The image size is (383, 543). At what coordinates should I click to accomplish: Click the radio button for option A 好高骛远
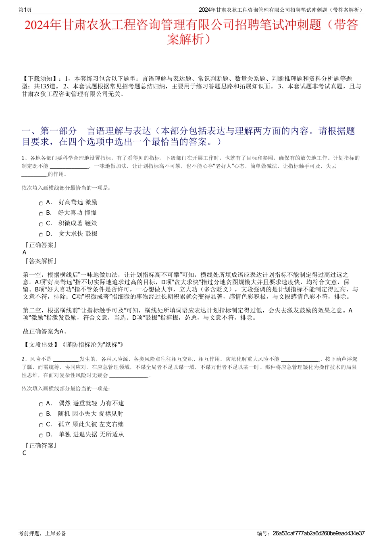point(41,203)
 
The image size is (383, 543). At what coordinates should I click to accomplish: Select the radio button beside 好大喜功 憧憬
point(41,214)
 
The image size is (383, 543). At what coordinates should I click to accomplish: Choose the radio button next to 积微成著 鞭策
point(41,224)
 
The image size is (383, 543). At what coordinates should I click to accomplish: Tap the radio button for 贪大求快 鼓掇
point(41,235)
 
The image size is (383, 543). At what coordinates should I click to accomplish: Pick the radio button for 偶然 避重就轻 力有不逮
point(41,405)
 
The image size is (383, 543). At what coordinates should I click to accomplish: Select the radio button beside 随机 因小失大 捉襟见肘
point(41,415)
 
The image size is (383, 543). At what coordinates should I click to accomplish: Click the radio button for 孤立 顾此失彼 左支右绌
point(41,426)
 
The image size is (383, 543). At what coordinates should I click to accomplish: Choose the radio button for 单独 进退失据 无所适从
point(41,436)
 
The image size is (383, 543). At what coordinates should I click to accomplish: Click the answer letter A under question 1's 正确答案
point(25,252)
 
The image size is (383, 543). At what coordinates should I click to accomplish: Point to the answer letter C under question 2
point(25,453)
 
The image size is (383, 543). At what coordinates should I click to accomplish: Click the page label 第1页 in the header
point(25,10)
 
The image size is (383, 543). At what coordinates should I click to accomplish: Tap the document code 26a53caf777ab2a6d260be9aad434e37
point(318,533)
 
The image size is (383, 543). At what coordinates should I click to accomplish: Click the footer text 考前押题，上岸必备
point(42,533)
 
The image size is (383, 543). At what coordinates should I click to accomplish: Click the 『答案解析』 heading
point(40,261)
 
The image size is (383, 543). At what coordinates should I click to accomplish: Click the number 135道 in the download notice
point(49,86)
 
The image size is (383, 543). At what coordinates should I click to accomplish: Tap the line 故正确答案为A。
point(45,331)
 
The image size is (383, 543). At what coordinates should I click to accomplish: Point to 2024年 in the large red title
point(42,25)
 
